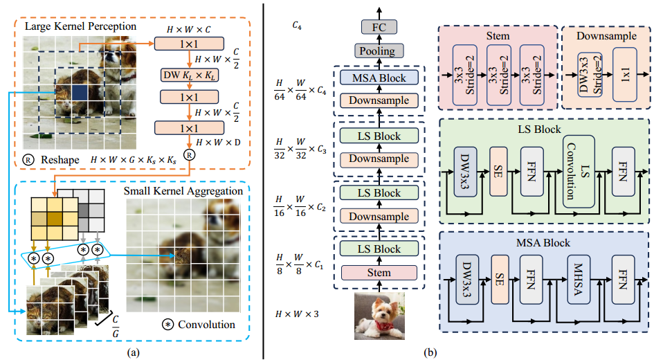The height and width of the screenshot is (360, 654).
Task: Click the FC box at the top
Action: [379, 28]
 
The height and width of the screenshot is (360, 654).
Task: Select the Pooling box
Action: [379, 51]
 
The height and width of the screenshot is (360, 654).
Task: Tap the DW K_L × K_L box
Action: [190, 75]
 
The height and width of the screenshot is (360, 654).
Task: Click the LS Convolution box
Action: [579, 172]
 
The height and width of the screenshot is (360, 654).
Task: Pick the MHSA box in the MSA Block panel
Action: [579, 279]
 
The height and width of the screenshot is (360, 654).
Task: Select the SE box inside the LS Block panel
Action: [498, 172]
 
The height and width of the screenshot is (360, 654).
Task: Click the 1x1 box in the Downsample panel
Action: [625, 75]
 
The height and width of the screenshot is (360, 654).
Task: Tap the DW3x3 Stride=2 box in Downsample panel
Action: [590, 75]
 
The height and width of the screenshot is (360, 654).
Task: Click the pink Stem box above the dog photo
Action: [379, 273]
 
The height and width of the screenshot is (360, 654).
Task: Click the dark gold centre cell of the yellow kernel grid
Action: [55, 219]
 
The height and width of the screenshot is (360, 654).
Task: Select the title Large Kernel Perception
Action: [80, 26]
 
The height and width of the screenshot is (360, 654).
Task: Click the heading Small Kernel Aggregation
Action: [183, 191]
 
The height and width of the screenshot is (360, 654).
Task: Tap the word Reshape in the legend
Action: [60, 160]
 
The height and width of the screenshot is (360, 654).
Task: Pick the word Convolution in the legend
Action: [206, 325]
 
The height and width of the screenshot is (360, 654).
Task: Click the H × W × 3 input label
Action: [297, 314]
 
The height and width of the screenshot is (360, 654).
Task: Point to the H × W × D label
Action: [218, 143]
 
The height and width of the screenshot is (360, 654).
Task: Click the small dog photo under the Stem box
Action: [379, 316]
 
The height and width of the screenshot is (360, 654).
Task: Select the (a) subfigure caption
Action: [133, 352]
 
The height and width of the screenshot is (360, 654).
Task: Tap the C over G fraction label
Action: [116, 327]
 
